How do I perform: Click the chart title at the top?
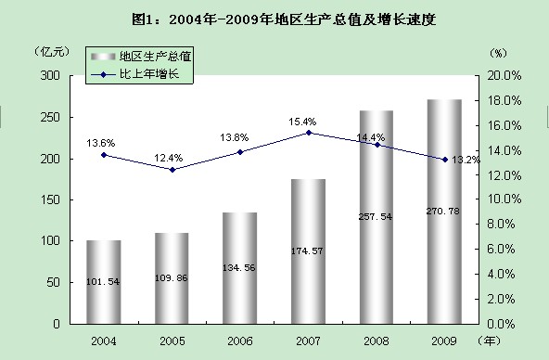point(284,19)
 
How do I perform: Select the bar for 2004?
point(104,282)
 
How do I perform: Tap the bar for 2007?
point(308,251)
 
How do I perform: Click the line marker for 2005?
point(172,170)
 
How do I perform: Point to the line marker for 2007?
point(309,133)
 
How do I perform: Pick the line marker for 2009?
point(445,160)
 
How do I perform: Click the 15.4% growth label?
point(302,122)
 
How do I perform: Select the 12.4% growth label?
point(169,159)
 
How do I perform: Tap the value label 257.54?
point(376,217)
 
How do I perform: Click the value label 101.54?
point(103,281)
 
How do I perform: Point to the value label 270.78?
point(443,212)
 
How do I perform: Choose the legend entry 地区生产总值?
point(141,56)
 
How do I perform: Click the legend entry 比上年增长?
point(135,74)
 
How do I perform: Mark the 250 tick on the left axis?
point(50,117)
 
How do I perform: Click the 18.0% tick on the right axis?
point(504,101)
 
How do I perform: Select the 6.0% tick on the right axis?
point(501,250)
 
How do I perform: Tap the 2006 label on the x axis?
point(240,341)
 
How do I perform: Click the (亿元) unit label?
point(52,52)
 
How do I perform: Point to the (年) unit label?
point(489,341)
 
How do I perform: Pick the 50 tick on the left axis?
point(54,282)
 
